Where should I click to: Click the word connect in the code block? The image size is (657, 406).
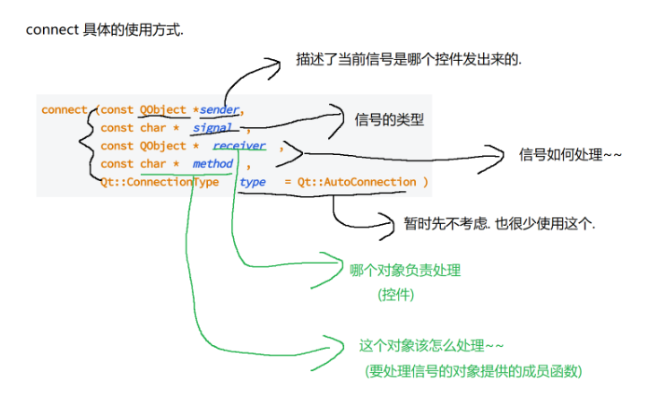coord(64,110)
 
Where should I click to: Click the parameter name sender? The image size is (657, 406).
coord(220,110)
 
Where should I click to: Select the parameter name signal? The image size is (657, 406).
coord(212,128)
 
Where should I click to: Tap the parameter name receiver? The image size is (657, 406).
coord(238,146)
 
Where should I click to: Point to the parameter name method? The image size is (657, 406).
coord(212,164)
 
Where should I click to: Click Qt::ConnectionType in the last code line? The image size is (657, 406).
coord(160,182)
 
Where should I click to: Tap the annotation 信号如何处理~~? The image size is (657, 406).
coord(569,155)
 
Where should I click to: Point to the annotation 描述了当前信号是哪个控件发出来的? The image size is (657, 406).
coord(408,61)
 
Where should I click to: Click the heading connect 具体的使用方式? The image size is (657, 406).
coord(104,30)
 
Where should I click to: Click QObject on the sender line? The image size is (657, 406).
coord(163,110)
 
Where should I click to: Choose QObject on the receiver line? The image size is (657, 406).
coord(163,146)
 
